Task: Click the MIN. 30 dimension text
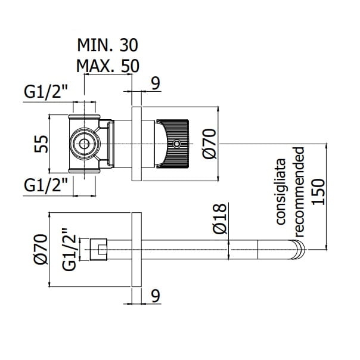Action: pyautogui.click(x=107, y=45)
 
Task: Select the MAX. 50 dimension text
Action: pyautogui.click(x=107, y=66)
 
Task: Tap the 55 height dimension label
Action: pyautogui.click(x=41, y=144)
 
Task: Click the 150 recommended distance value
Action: pyautogui.click(x=318, y=192)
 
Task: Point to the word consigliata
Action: pyautogui.click(x=281, y=191)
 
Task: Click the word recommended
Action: pyautogui.click(x=299, y=192)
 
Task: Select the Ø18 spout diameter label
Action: pyautogui.click(x=220, y=218)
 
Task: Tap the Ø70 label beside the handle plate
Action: pyautogui.click(x=210, y=144)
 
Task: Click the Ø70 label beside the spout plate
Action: pyautogui.click(x=41, y=249)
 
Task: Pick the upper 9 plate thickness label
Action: pyautogui.click(x=156, y=83)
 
